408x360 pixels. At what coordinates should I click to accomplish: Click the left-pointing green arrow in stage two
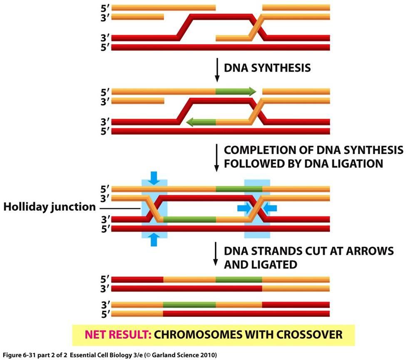pyautogui.click(x=201, y=122)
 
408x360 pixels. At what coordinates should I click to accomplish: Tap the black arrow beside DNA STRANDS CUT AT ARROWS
pyautogui.click(x=216, y=254)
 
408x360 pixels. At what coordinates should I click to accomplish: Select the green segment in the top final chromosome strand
pyautogui.click(x=239, y=279)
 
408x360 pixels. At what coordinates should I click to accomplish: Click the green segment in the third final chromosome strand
pyautogui.click(x=189, y=305)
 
